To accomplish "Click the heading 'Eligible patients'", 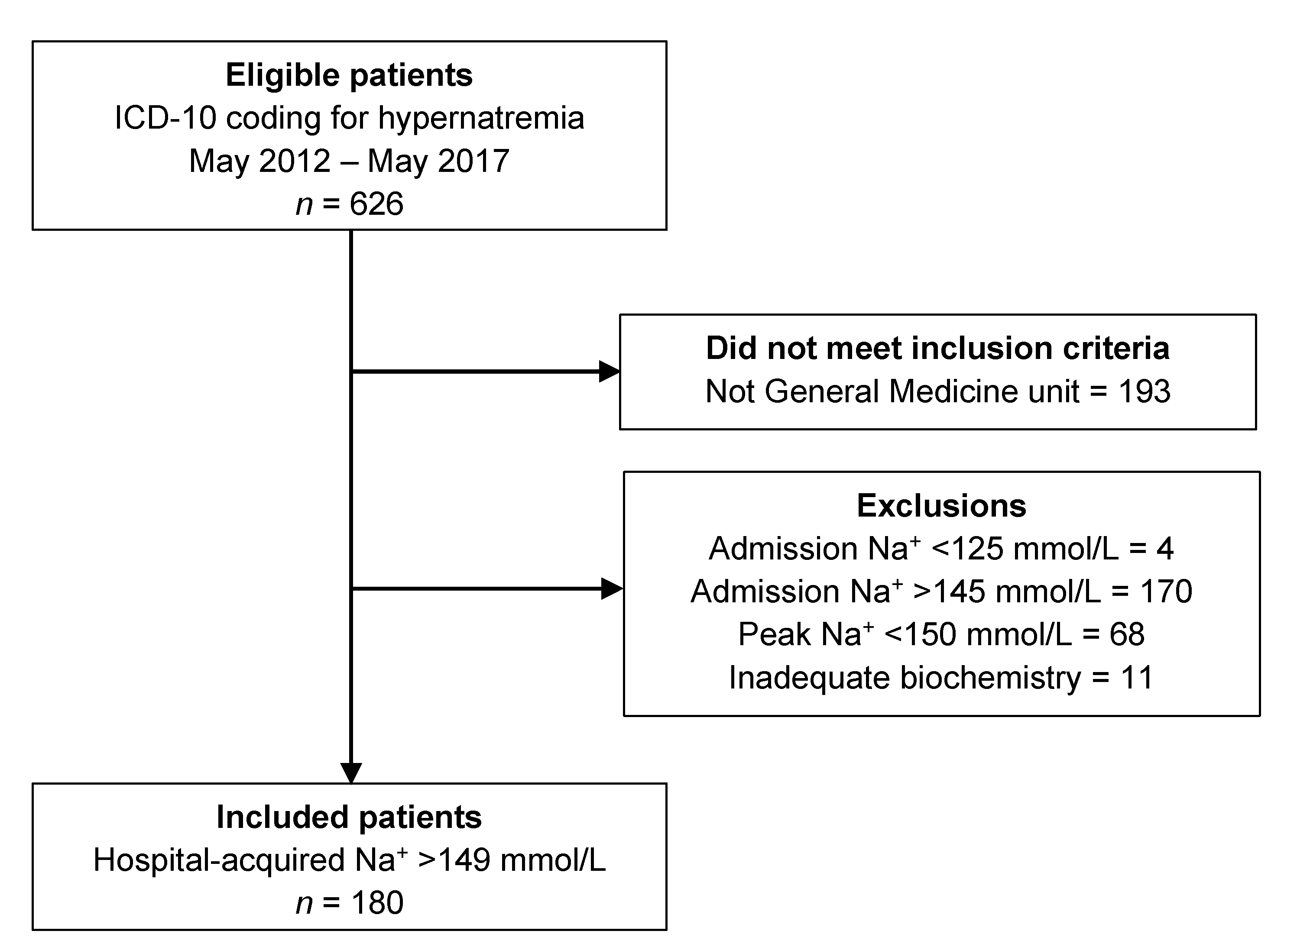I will tap(349, 75).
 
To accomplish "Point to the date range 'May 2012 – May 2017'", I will tap(349, 161).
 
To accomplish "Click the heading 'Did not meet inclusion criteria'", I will tap(937, 348).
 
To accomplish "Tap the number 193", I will tap(1144, 391).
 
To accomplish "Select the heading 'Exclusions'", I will tap(941, 506).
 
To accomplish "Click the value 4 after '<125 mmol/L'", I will tap(1164, 549).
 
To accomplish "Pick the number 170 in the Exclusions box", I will tap(1166, 591).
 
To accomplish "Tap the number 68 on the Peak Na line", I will tap(1127, 635).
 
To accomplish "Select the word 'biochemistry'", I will tap(990, 678).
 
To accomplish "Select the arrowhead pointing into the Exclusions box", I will tap(612, 589).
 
